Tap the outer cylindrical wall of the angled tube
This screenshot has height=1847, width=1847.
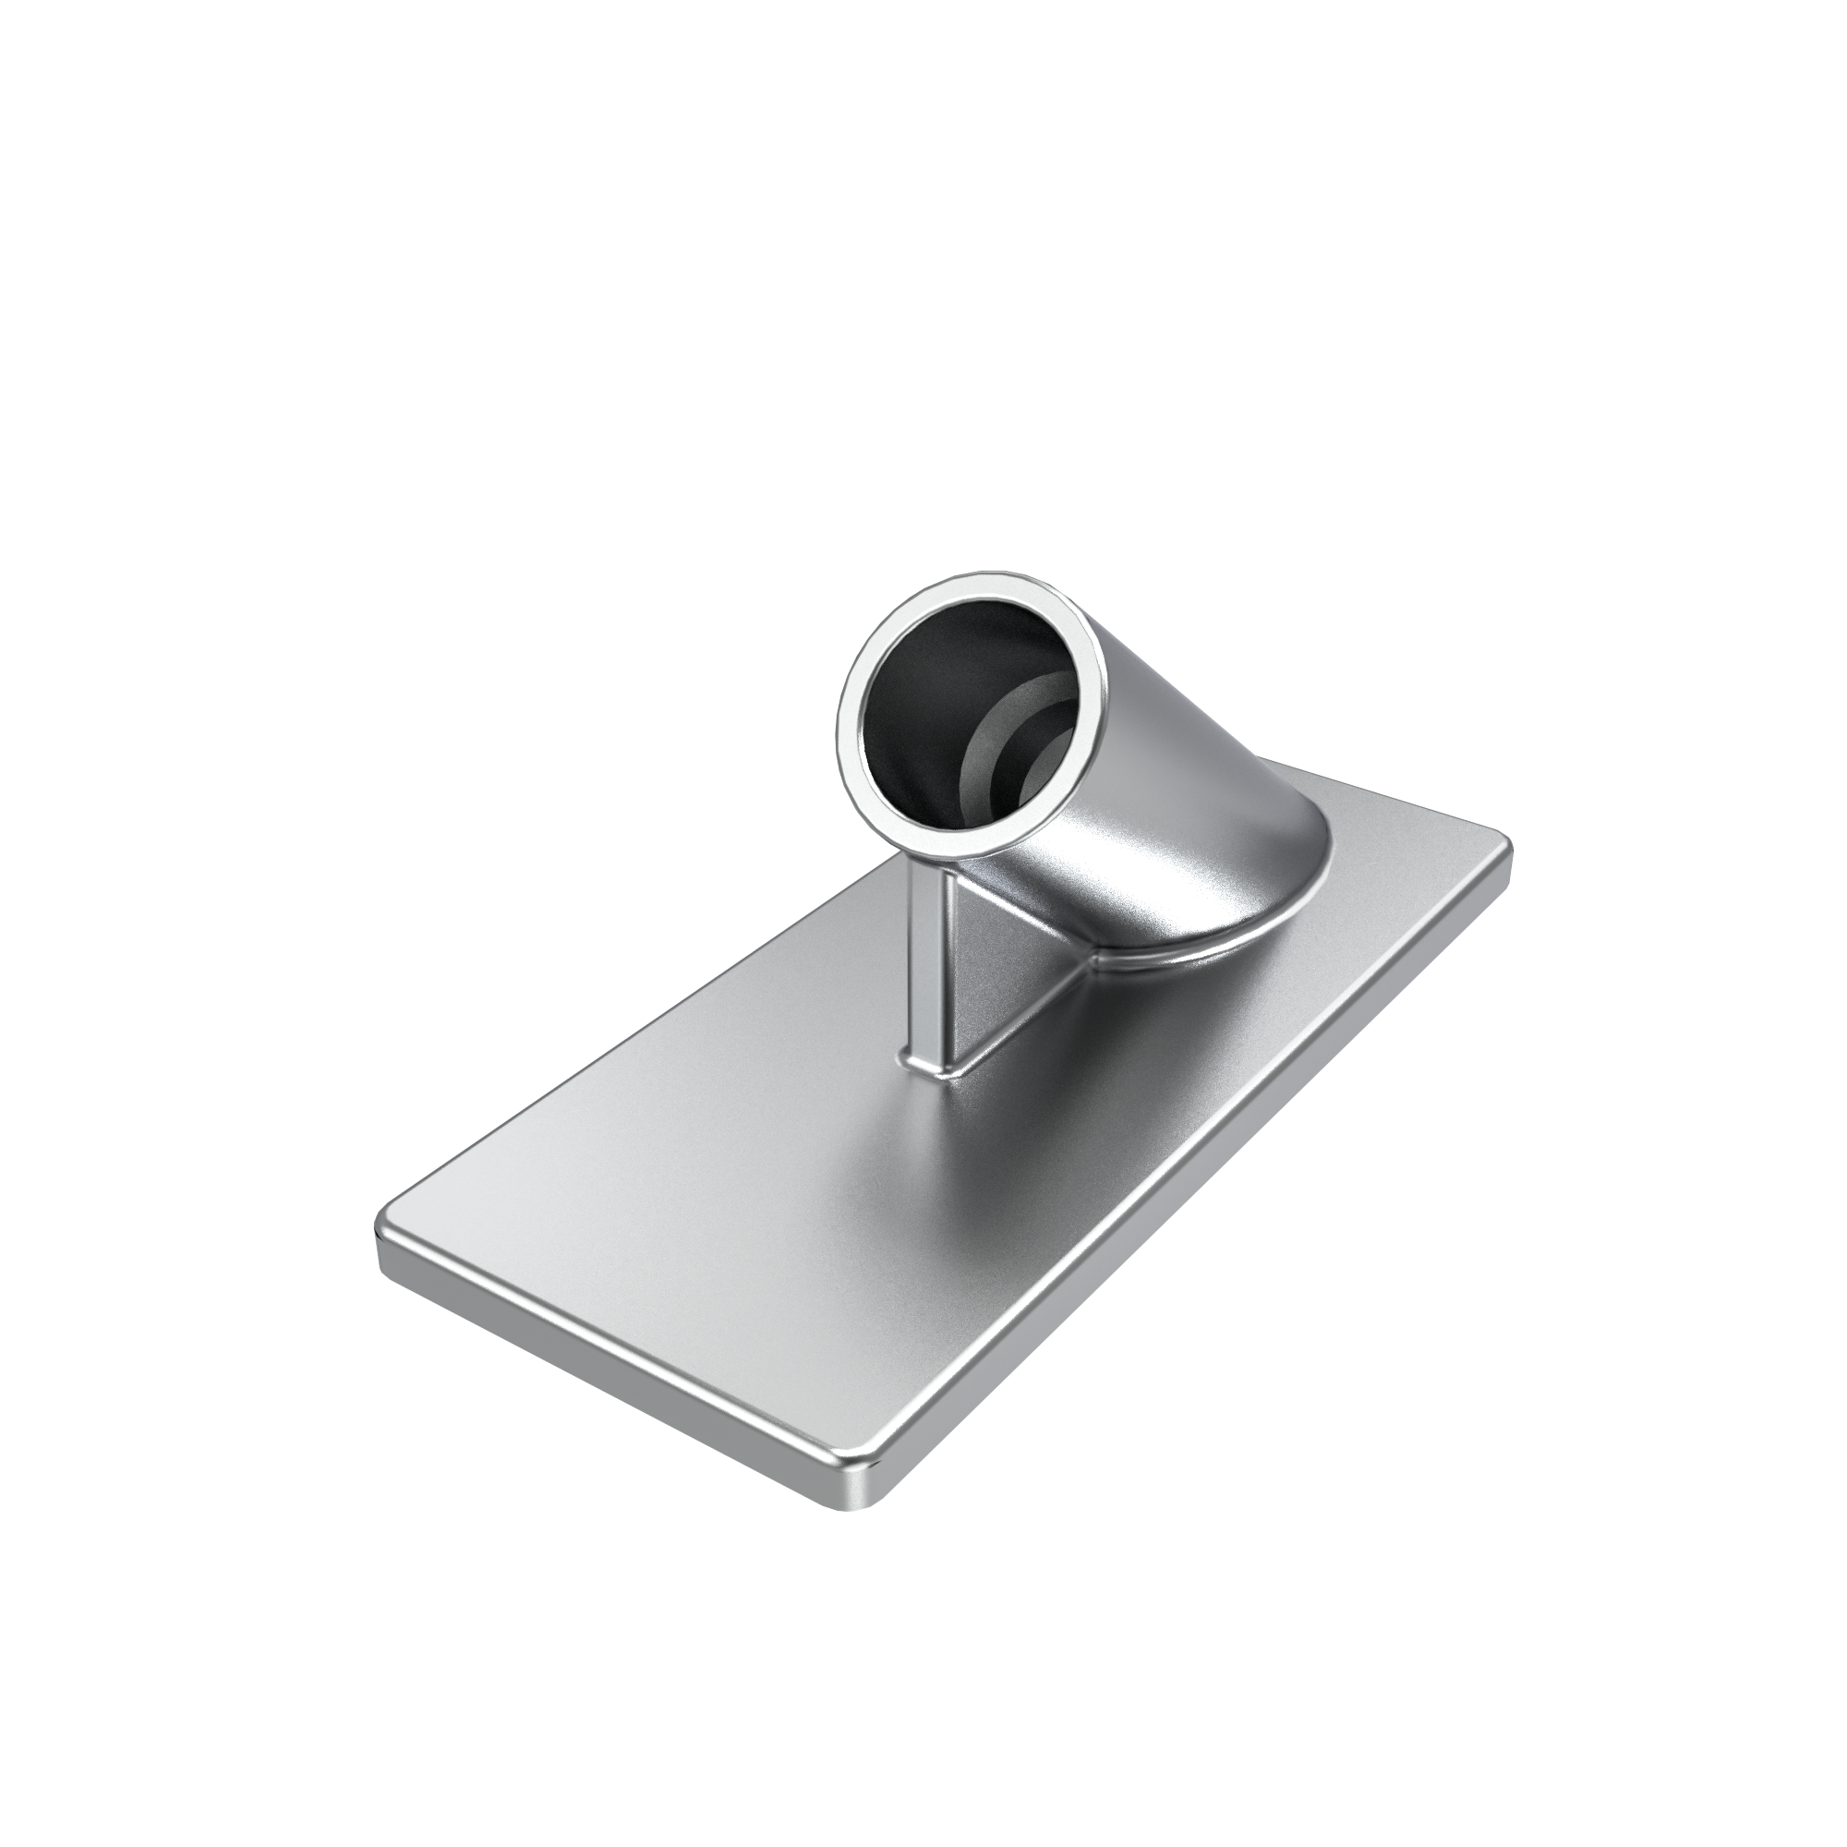(1176, 755)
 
